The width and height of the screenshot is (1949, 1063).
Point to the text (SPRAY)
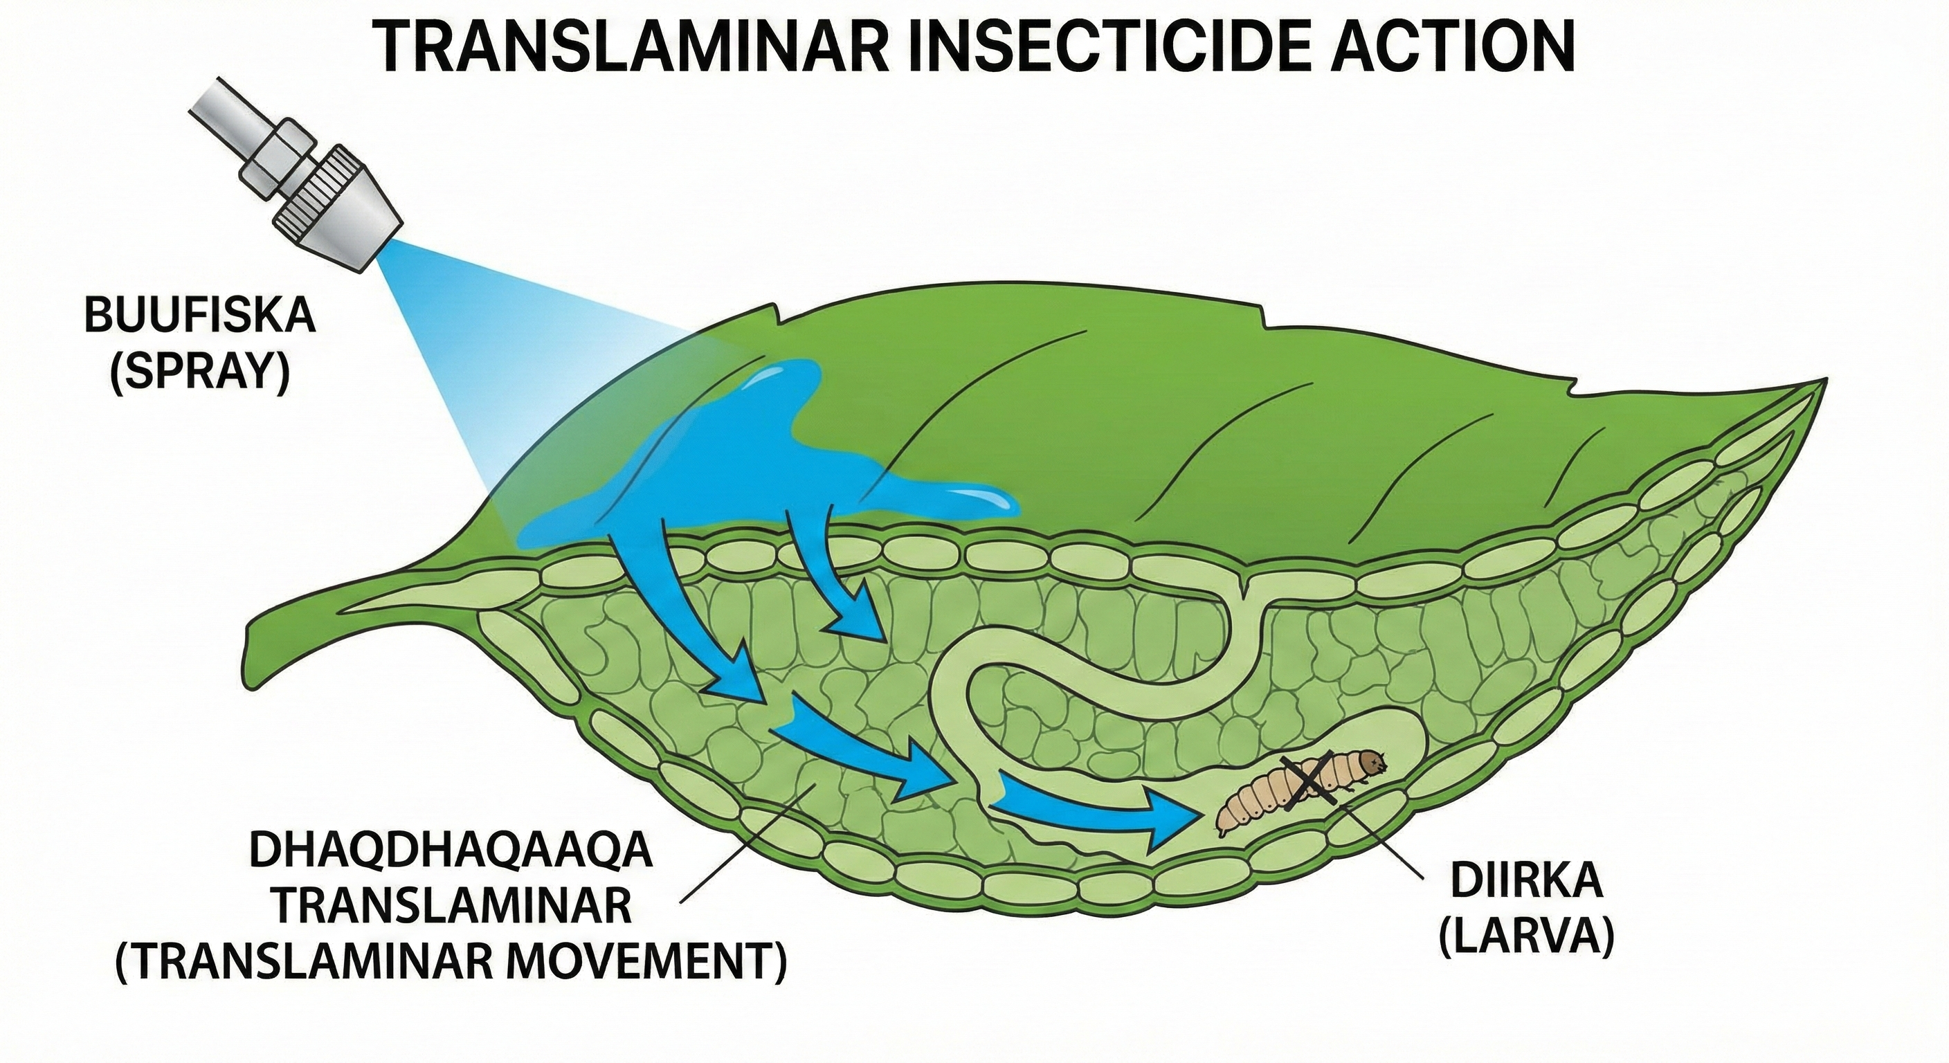[x=200, y=373]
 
